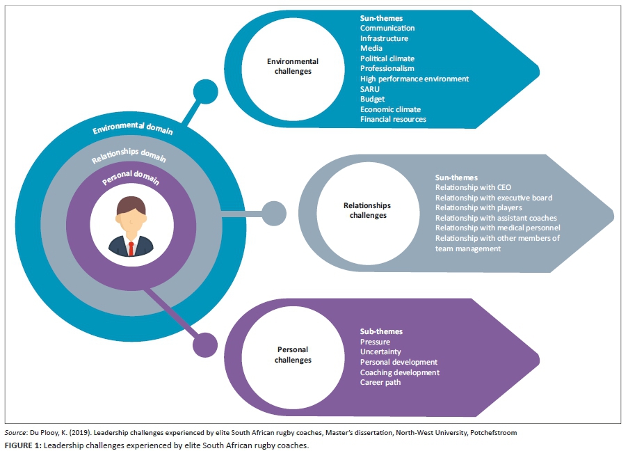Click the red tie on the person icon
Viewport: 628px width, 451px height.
[130, 247]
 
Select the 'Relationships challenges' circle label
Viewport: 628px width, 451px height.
[367, 210]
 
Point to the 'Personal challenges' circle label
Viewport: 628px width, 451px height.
[292, 354]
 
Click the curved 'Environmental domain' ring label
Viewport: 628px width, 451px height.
[133, 129]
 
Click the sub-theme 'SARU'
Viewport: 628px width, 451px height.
[370, 89]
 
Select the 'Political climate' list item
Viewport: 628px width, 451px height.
[387, 58]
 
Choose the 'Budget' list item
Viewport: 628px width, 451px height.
[373, 99]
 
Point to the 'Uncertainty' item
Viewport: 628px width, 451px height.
[380, 351]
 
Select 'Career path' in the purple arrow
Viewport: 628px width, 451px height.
[380, 382]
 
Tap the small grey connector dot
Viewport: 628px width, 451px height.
[274, 214]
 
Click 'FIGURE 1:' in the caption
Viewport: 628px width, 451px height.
[23, 445]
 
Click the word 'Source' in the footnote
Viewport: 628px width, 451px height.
[15, 432]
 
